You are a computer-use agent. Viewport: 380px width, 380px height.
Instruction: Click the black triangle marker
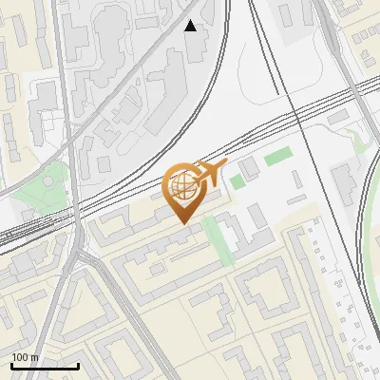191,26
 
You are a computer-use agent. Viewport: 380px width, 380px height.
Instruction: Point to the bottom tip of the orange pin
182,223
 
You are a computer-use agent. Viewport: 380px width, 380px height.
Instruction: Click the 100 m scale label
25,357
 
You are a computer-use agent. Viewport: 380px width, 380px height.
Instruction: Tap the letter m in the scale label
34,357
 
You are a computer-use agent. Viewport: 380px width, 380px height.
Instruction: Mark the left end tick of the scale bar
11,365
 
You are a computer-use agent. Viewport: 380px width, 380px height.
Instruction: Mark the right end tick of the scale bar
78,365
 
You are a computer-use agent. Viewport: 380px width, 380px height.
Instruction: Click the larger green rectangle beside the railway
276,158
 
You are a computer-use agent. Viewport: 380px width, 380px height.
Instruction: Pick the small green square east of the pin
237,181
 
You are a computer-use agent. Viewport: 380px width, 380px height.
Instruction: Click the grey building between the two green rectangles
250,170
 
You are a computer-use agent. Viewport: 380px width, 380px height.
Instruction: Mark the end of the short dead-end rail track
277,92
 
